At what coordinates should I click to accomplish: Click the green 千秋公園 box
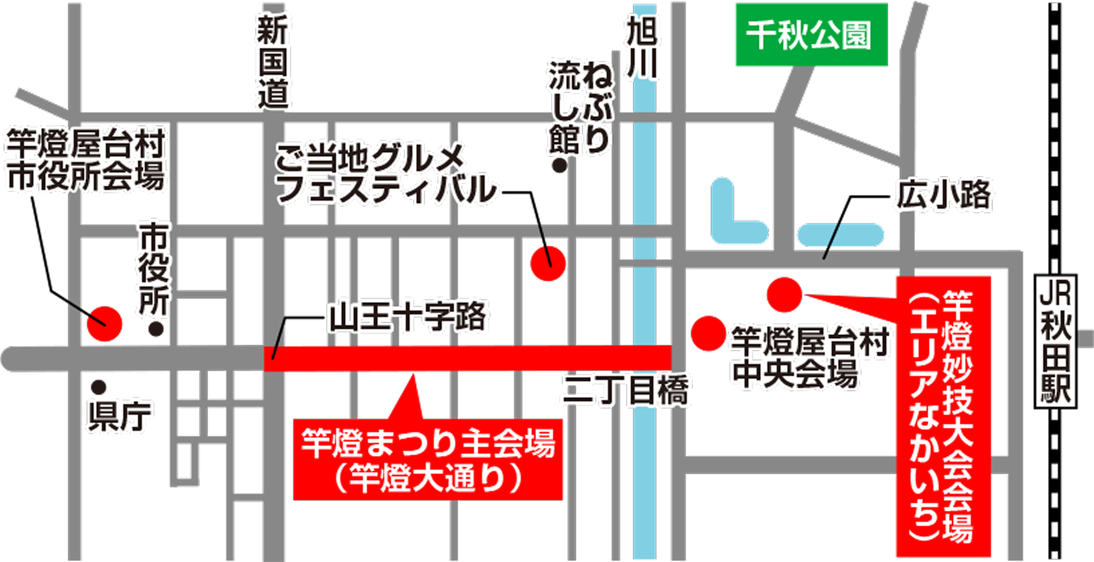click(811, 35)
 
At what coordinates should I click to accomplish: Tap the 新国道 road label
click(272, 63)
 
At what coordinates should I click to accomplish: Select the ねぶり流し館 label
click(580, 107)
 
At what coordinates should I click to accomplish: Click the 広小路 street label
click(944, 195)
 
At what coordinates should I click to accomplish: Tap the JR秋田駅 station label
click(1056, 341)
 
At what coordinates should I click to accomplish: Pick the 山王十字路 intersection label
click(409, 315)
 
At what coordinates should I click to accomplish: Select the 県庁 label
click(120, 415)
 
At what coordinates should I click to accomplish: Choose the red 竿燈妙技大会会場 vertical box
click(943, 415)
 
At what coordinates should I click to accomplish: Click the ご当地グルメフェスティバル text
click(388, 174)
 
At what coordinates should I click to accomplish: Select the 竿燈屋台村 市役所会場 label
click(86, 161)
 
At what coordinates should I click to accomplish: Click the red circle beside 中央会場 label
click(708, 333)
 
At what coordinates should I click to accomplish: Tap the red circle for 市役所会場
click(104, 324)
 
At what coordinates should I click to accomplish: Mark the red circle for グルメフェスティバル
click(548, 263)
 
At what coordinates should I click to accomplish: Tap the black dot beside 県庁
click(99, 387)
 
